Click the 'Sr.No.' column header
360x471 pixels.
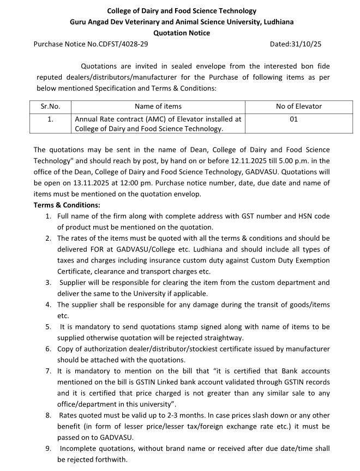(x=50, y=106)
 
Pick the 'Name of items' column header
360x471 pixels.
(x=158, y=106)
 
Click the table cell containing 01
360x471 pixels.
(x=293, y=118)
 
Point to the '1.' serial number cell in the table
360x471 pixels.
(x=50, y=118)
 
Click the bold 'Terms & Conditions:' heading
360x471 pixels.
(x=67, y=205)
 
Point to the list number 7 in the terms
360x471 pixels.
(x=49, y=371)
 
